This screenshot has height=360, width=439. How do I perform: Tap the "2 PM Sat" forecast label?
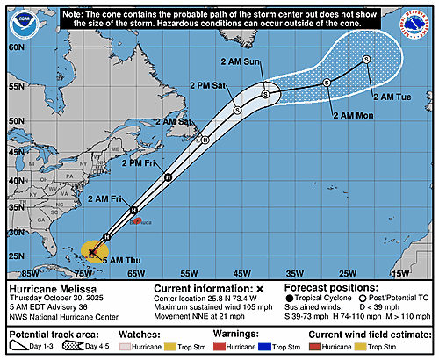pyautogui.click(x=207, y=87)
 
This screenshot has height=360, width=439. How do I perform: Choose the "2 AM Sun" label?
pyautogui.click(x=244, y=61)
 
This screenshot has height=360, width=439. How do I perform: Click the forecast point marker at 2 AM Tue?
pyautogui.click(x=365, y=60)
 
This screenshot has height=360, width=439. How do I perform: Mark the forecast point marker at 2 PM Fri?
pyautogui.click(x=168, y=176)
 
